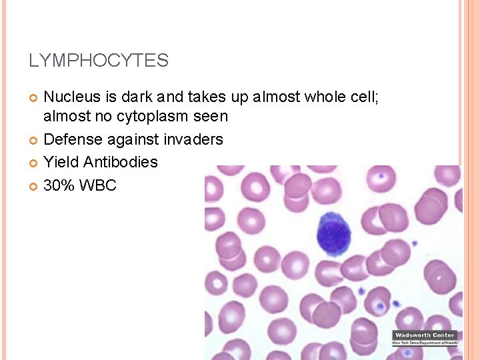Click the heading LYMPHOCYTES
click(99, 61)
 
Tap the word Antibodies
click(121, 162)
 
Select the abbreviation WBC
click(98, 185)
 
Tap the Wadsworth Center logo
click(425, 338)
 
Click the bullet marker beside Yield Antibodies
click(34, 163)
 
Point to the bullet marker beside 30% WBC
click(34, 185)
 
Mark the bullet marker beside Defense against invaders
click(34, 140)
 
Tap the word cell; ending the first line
click(365, 97)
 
